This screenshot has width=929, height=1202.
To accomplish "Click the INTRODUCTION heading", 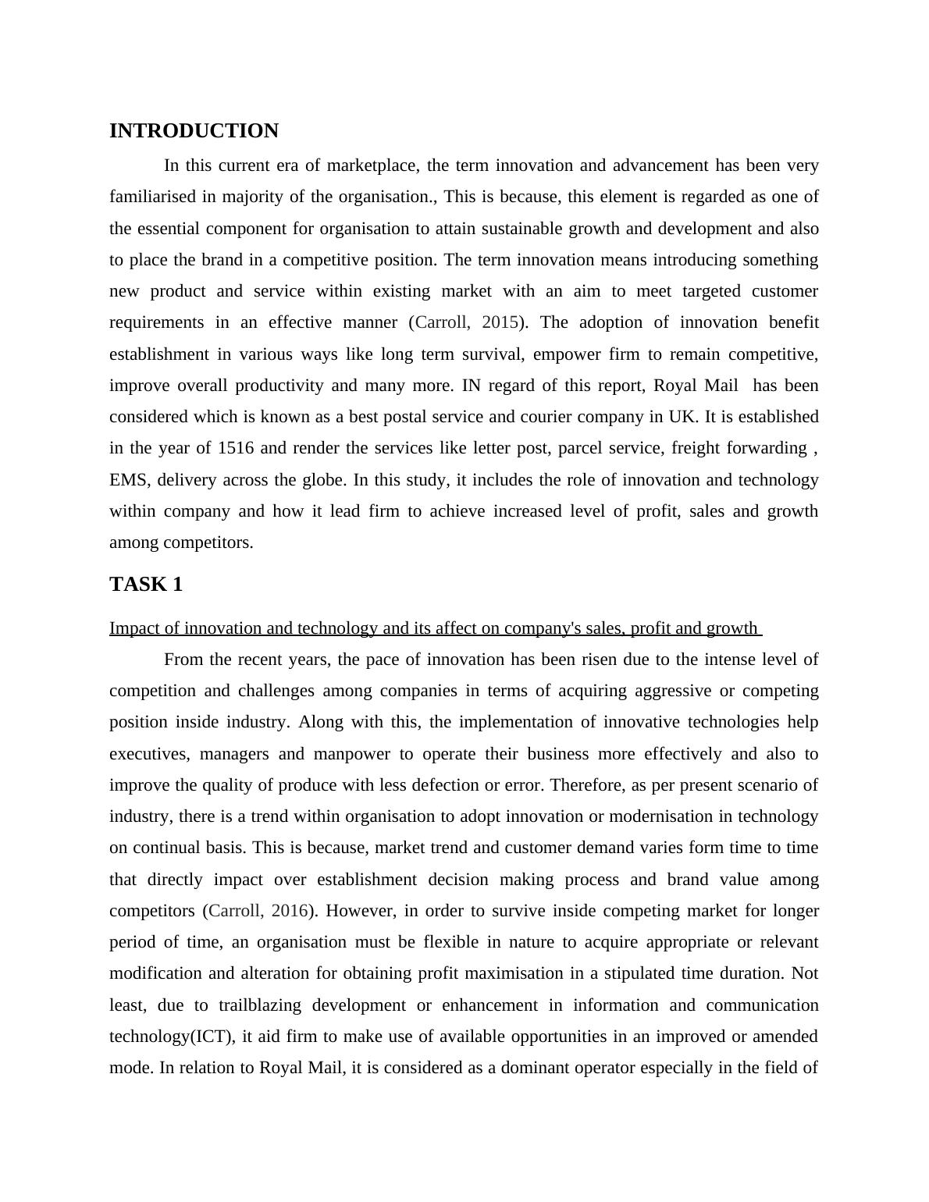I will pos(194,131).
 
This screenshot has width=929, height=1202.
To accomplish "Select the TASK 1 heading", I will pos(146,585).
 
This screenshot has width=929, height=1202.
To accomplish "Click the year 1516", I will pos(237,448).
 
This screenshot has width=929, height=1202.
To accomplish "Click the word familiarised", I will pos(152,197).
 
